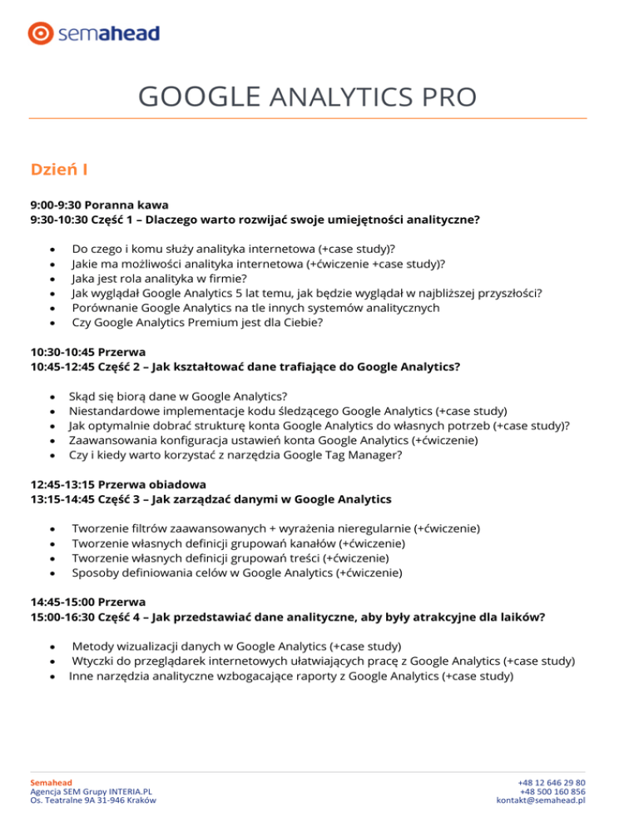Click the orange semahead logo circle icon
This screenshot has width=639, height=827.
(41, 33)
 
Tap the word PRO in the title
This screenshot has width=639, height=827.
(448, 97)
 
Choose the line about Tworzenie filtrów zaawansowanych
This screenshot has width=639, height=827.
(275, 528)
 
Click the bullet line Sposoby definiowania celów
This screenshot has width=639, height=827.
(237, 572)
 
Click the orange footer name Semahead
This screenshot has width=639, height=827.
(51, 783)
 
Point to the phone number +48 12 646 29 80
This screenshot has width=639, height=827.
(552, 783)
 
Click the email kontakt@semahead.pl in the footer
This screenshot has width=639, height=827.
(541, 800)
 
